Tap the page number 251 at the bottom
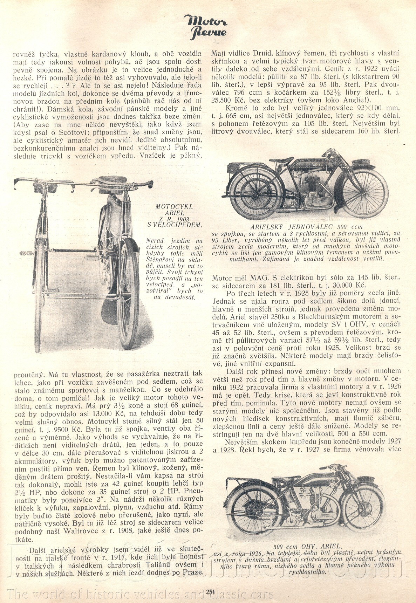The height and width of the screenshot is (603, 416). click(x=210, y=592)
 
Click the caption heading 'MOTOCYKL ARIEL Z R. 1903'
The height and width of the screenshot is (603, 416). click(x=175, y=213)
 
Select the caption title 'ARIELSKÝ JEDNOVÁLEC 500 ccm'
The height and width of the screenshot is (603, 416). click(x=306, y=227)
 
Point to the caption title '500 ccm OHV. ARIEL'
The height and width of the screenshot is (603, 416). click(x=307, y=546)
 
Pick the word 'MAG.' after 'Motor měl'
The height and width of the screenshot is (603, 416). click(x=259, y=277)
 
